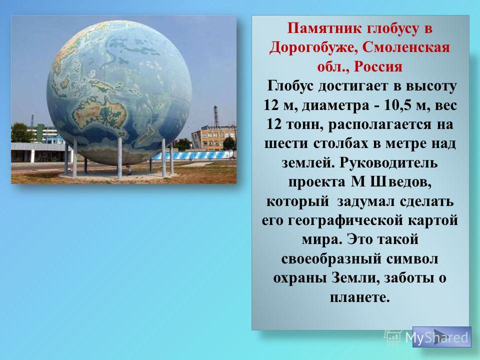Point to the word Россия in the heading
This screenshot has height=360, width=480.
click(x=378, y=66)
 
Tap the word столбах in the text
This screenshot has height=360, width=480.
click(x=340, y=143)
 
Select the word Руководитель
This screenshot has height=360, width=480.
click(x=388, y=163)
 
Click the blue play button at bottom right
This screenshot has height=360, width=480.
click(x=441, y=336)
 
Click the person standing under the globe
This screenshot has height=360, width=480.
click(x=128, y=169)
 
